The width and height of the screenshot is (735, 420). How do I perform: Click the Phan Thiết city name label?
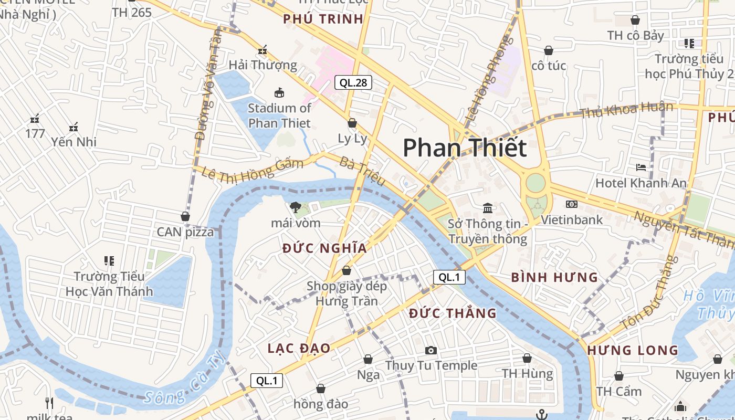coord(464,148)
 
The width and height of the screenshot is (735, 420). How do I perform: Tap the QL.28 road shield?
coord(353,82)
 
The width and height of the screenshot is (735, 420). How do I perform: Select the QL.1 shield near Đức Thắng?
coord(449,277)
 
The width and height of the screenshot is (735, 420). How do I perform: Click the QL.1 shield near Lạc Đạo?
coord(267,381)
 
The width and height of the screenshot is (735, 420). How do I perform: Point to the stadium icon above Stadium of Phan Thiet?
coord(279,93)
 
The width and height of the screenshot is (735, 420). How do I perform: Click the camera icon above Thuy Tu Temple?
coord(431,350)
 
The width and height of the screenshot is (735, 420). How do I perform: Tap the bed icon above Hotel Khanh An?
coord(641,167)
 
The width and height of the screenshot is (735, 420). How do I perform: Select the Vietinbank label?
coord(572,219)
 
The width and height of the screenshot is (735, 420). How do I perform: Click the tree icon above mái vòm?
coord(295,207)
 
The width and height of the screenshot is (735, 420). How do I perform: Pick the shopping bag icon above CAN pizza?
coord(185,216)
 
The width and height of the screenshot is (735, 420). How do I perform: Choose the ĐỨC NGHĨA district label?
coord(324,248)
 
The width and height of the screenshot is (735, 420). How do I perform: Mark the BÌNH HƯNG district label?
coord(554,277)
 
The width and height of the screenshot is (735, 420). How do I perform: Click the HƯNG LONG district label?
coord(633,350)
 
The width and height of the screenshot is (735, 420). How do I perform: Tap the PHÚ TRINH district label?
coord(323,19)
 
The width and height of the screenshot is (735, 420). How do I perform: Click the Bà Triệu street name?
coord(362,171)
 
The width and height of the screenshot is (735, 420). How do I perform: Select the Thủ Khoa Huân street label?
coord(626,110)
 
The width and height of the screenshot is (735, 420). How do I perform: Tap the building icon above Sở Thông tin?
coord(488,208)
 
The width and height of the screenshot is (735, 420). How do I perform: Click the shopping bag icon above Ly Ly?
coord(352,123)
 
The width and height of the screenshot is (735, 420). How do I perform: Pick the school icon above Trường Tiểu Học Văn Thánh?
coord(109,260)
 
